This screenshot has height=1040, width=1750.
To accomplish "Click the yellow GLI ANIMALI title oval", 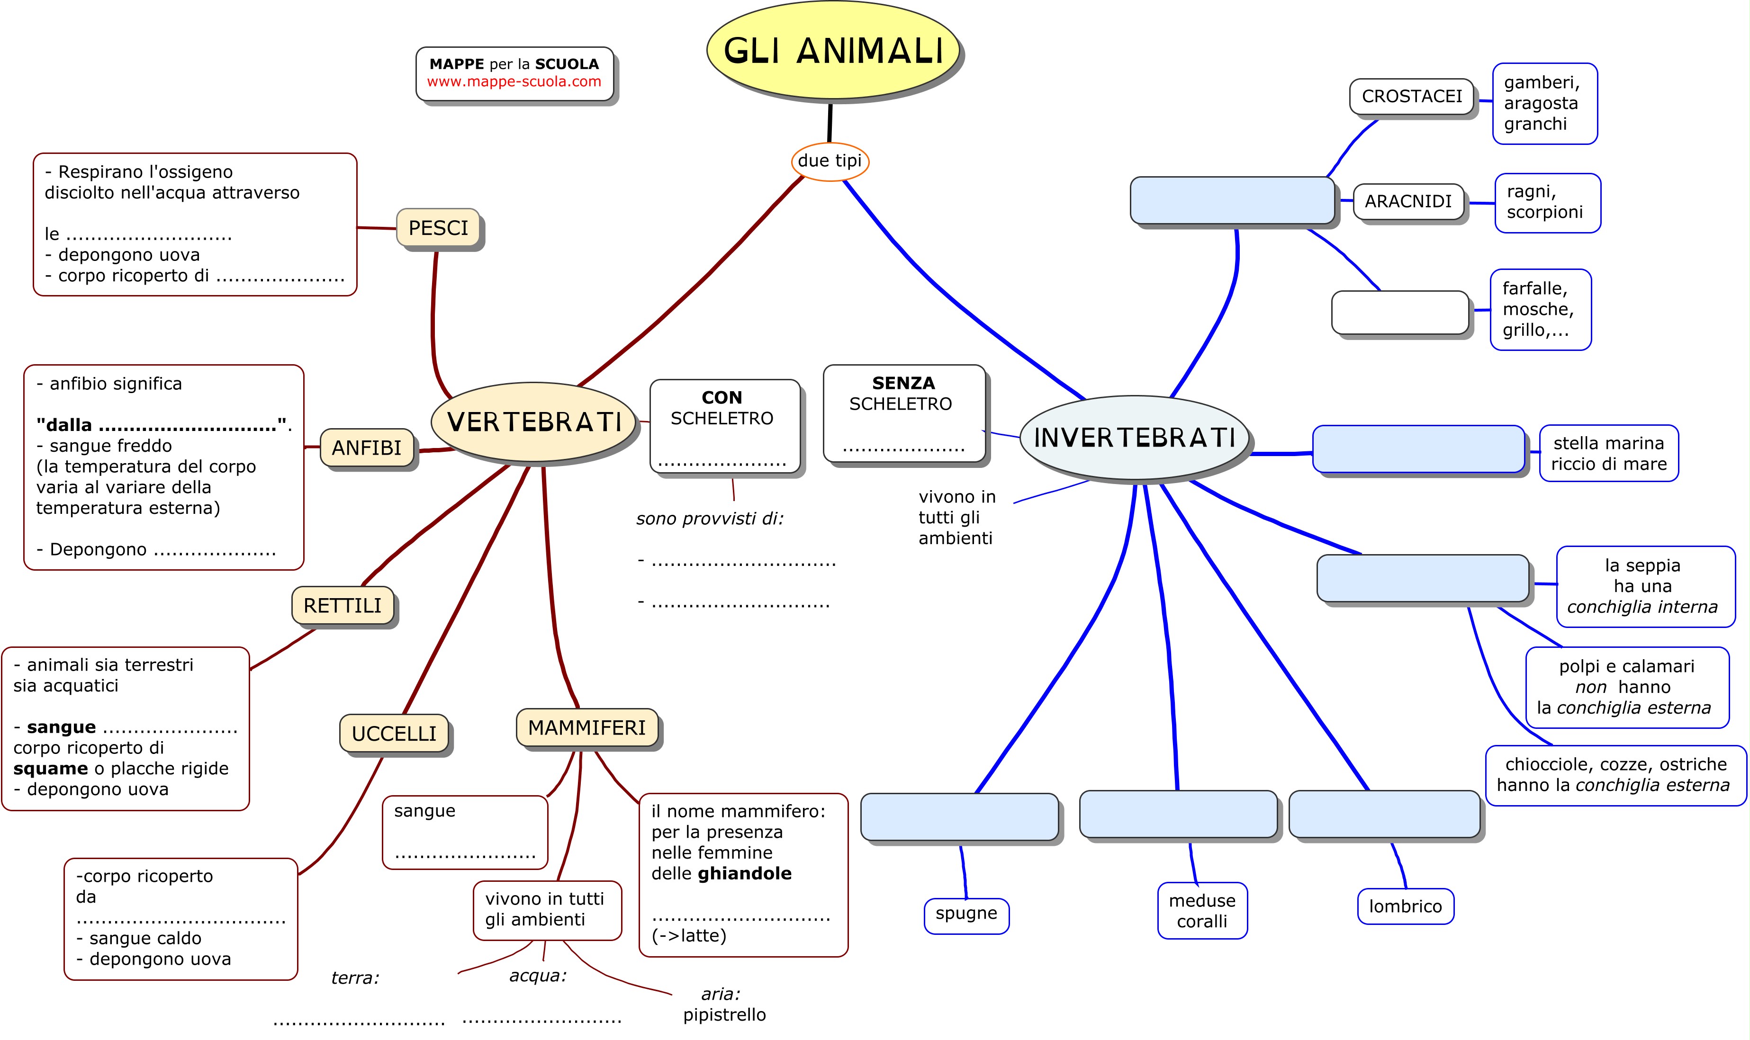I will coord(832,51).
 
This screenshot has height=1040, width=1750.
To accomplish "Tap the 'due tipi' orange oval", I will coord(830,161).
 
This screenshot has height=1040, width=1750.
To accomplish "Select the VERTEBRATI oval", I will coord(534,422).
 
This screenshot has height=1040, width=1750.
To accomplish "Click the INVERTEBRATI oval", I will coord(1134,437).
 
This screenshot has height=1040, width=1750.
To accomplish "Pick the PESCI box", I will coord(438,228).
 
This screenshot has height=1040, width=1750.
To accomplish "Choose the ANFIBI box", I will coord(367,448).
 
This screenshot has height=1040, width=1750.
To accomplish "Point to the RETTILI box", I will coord(343,606).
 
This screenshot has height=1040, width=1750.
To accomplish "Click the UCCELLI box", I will coord(394,734).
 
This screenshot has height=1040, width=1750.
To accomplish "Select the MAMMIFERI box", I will coord(586,728).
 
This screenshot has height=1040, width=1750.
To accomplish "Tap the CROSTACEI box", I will coord(1411,97).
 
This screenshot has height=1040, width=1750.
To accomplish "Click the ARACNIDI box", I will coord(1408,202).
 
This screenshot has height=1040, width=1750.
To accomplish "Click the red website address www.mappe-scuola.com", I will coord(514,82).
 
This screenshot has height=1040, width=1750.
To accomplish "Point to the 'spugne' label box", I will coord(966,914).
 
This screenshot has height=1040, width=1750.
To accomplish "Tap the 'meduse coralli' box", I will coord(1202,911).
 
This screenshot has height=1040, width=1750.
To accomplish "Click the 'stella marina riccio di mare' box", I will coord(1608,453).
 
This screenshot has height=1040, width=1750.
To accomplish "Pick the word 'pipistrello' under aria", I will coord(724,1015).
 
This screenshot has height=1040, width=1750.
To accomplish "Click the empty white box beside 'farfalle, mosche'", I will coord(1399,313).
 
